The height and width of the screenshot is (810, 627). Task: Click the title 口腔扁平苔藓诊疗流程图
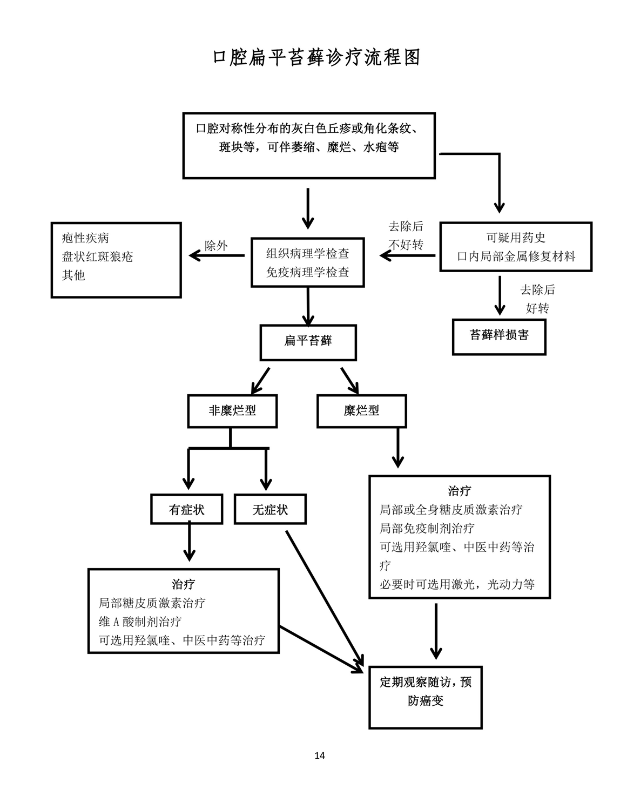click(316, 58)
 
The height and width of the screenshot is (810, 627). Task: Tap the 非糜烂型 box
click(232, 411)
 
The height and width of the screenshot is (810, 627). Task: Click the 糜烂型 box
click(361, 411)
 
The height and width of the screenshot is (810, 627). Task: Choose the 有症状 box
click(186, 510)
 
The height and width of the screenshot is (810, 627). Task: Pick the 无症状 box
click(270, 510)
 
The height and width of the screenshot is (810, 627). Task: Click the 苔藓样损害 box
click(499, 336)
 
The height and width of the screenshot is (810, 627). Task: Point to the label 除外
click(216, 246)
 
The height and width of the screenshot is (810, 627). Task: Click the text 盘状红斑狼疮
click(97, 256)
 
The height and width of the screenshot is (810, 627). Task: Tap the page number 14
click(320, 755)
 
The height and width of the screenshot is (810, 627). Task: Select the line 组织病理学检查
click(307, 253)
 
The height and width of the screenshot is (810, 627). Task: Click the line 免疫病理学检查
click(307, 272)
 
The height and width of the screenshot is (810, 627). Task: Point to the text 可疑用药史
click(516, 238)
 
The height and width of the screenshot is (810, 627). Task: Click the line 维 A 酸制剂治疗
click(140, 622)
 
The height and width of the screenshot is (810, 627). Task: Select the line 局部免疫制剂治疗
click(427, 528)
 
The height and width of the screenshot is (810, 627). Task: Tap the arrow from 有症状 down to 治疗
click(189, 543)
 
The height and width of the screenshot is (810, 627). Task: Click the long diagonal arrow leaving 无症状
click(324, 599)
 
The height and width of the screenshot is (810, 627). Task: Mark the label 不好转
click(406, 245)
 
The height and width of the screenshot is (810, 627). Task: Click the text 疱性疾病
click(85, 238)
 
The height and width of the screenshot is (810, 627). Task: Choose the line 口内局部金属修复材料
click(516, 256)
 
